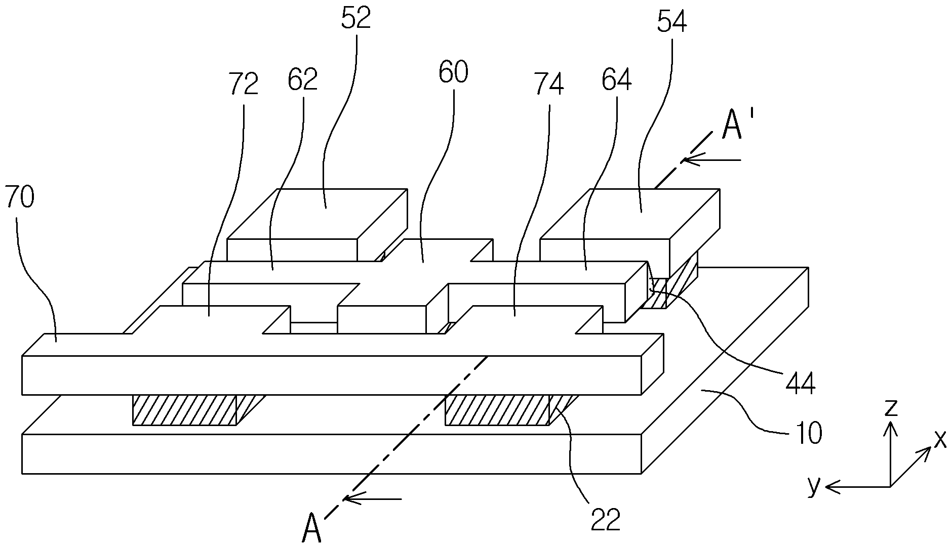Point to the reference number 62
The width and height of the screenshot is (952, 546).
[x=303, y=79]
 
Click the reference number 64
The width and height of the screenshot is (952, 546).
[x=616, y=79]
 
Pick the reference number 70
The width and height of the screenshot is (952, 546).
[x=20, y=197]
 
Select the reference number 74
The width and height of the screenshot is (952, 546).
[x=549, y=84]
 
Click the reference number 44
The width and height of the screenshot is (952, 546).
[x=800, y=383]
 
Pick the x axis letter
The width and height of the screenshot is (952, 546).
[x=940, y=439]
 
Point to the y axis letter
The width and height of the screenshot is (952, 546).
[x=814, y=486]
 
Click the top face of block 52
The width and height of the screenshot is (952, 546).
[x=318, y=214]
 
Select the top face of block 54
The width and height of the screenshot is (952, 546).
[x=630, y=214]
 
